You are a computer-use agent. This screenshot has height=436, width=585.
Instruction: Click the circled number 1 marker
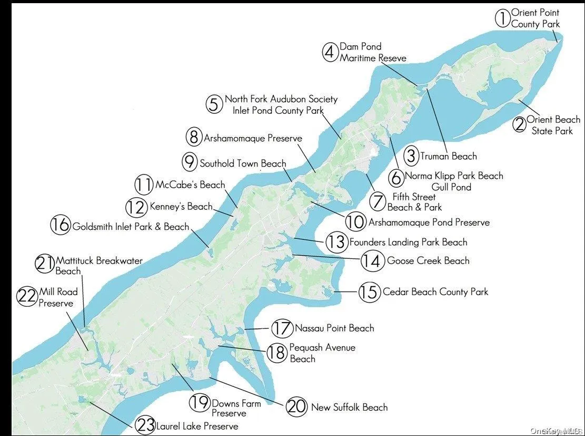[x=502, y=18]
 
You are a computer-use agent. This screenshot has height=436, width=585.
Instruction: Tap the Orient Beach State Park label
[x=552, y=125]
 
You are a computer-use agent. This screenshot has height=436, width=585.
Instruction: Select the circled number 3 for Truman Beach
[x=411, y=156]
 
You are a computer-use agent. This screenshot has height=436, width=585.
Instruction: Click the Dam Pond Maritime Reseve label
[x=373, y=52]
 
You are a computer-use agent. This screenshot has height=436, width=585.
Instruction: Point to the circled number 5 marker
[x=213, y=104]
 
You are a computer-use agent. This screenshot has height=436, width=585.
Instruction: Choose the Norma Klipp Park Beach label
[x=453, y=176]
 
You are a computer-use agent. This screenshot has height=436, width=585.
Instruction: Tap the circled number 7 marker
[x=378, y=201]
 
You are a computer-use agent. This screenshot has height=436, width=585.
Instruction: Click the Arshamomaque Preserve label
[x=253, y=138]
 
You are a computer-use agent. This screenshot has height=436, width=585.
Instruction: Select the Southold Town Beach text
[x=243, y=163]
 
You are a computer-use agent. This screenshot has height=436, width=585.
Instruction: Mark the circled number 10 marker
[x=355, y=222]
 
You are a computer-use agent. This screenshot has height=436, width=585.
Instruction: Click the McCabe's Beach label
[x=190, y=185]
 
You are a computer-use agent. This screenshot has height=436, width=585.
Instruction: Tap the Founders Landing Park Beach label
[x=408, y=243]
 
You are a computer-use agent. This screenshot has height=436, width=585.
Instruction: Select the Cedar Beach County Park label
[x=435, y=292]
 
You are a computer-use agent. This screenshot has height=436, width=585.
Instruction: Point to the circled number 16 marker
[x=60, y=225]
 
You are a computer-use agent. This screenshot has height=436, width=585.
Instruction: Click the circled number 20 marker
[x=296, y=406]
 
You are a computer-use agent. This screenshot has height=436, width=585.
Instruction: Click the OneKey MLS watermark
[x=555, y=431]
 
